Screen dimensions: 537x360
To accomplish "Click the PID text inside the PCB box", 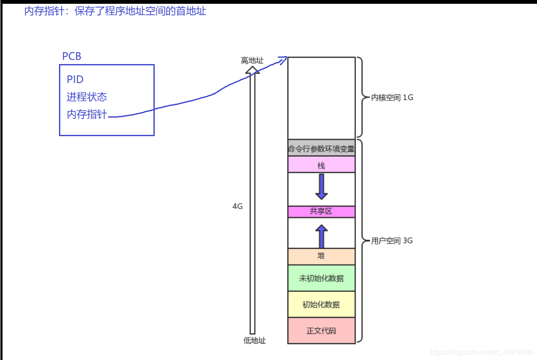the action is click(75, 79).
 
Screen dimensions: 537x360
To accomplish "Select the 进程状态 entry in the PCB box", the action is click(87, 97).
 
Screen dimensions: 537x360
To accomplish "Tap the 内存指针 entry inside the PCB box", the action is click(87, 114).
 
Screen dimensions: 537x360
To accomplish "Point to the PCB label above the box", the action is click(72, 56).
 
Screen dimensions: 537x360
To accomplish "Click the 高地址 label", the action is click(252, 60).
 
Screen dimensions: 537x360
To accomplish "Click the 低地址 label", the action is click(255, 340).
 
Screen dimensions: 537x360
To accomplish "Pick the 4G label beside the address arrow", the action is click(238, 206).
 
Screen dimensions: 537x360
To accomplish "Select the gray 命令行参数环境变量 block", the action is click(322, 148).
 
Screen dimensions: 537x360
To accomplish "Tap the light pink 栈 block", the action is click(322, 164).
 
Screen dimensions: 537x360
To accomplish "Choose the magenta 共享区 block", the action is click(322, 212).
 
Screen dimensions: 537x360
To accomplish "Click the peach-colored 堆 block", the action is click(322, 256).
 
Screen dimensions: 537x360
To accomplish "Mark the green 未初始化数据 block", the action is click(322, 278).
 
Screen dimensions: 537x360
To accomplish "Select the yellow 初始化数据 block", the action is click(322, 304).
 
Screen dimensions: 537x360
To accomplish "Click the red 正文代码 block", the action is click(322, 331).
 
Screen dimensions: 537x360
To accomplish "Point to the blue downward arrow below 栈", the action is click(322, 187).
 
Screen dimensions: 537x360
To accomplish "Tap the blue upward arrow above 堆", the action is click(322, 236).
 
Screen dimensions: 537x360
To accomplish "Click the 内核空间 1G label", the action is click(392, 97).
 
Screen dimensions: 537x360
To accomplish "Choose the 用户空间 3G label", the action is click(392, 241).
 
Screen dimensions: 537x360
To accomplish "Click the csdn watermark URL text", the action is click(482, 352).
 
